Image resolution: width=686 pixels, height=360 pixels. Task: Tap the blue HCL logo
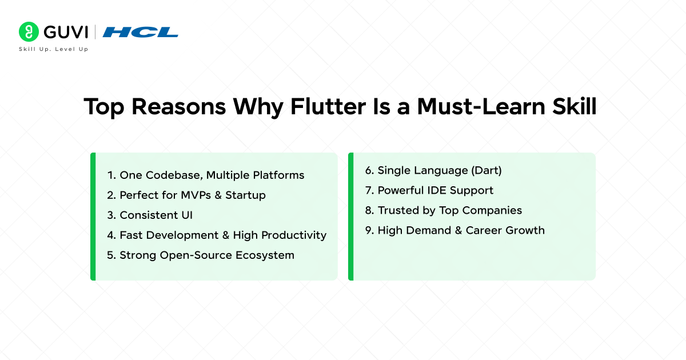[x=140, y=32]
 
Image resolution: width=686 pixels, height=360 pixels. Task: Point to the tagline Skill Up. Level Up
[x=54, y=49]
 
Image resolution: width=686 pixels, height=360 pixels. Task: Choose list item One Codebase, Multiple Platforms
[x=206, y=175]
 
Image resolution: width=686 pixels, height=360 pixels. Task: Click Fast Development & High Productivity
[x=217, y=235]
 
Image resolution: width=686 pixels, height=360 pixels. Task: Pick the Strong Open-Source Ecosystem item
[x=201, y=255]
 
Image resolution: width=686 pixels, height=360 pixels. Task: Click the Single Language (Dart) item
[x=433, y=170]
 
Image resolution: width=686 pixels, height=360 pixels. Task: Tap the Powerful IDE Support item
[x=429, y=190]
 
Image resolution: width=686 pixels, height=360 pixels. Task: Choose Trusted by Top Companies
[x=443, y=210]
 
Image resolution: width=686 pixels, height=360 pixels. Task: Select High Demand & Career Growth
[x=454, y=230]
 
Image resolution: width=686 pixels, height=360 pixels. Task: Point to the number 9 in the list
[x=369, y=230]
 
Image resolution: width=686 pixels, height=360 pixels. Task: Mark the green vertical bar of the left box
[x=93, y=216]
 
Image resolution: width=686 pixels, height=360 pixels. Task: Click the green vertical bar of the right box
[x=350, y=216]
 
